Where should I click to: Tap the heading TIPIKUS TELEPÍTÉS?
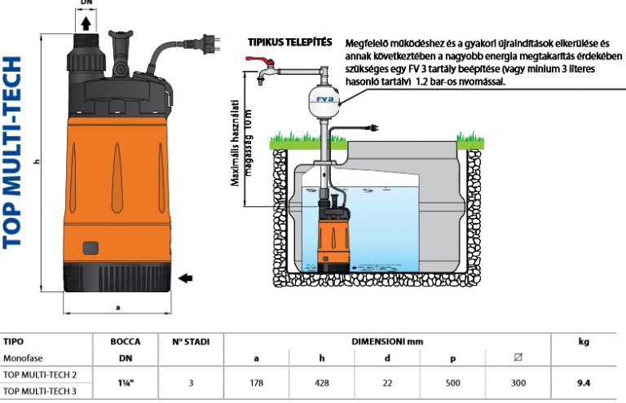click(x=289, y=41)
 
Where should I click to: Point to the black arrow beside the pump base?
click(x=187, y=278)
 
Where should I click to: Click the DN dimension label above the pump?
click(x=87, y=4)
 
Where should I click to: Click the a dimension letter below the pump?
click(x=119, y=307)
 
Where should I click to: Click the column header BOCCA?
click(x=125, y=342)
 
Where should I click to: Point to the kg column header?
click(x=583, y=342)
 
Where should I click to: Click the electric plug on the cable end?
click(x=373, y=129)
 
